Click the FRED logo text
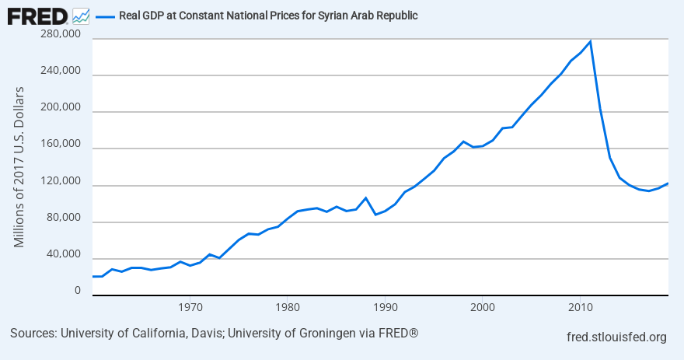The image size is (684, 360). (x=37, y=16)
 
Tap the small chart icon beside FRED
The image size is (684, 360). (x=80, y=16)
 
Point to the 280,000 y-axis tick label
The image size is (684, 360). (x=60, y=34)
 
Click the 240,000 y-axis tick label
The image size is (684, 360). (x=60, y=71)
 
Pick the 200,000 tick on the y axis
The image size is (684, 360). (x=60, y=108)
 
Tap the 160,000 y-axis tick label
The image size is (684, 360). (x=60, y=145)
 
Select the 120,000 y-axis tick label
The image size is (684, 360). (x=60, y=181)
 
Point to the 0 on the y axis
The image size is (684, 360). (x=77, y=291)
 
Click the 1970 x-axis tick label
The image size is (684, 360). (x=190, y=306)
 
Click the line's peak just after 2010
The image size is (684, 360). (x=590, y=41)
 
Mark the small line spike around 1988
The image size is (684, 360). (x=365, y=197)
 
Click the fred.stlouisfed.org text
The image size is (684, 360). (x=617, y=337)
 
